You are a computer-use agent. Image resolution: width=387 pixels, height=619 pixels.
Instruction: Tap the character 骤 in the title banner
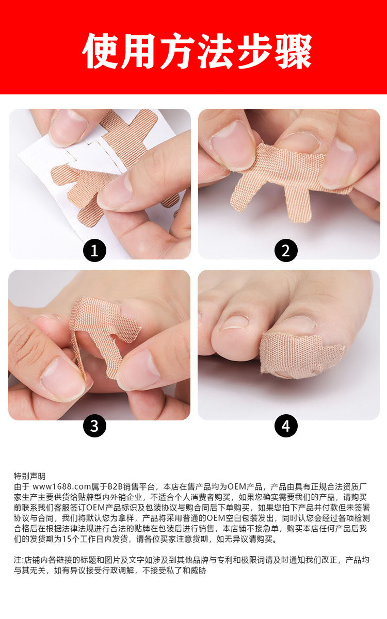pos(294,51)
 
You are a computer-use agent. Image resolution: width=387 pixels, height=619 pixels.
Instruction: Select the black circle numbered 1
pos(94,250)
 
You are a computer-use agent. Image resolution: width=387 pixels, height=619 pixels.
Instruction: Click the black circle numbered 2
pos(286,250)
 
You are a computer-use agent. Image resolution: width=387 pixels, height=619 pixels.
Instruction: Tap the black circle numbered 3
pos(94,426)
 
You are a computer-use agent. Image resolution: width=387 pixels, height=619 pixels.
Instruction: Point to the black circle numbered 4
pos(286,426)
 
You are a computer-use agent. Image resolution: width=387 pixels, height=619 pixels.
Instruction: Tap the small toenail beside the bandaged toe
pos(234,322)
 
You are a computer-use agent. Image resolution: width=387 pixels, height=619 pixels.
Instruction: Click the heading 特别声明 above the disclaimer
pos(29,476)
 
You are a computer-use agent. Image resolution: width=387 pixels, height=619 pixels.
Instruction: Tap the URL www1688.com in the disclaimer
pos(62,486)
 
